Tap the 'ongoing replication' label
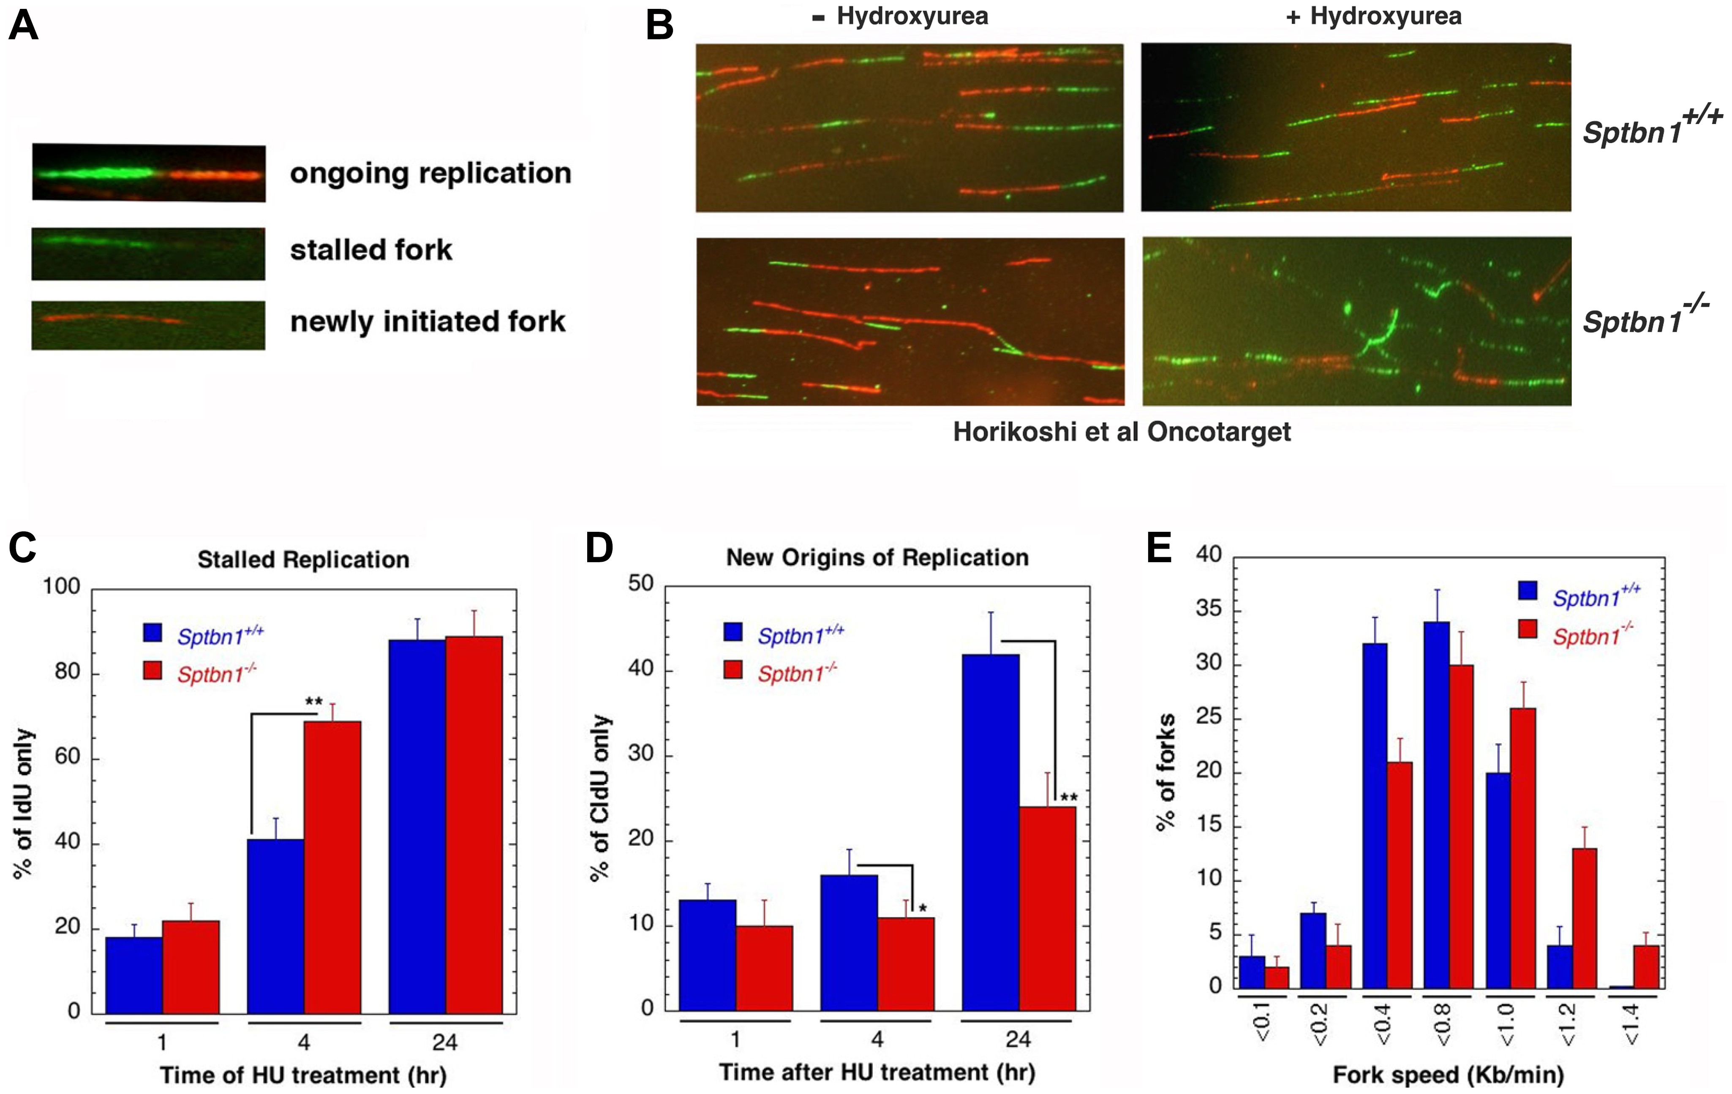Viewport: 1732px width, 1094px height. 430,173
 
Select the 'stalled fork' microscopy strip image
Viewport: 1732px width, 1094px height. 148,254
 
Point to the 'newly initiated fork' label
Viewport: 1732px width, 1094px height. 427,321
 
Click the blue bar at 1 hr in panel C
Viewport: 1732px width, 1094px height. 134,974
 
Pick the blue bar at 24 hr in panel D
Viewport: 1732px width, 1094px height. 991,832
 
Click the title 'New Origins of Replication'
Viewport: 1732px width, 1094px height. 877,558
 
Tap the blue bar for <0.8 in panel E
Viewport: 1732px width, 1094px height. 1436,804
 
